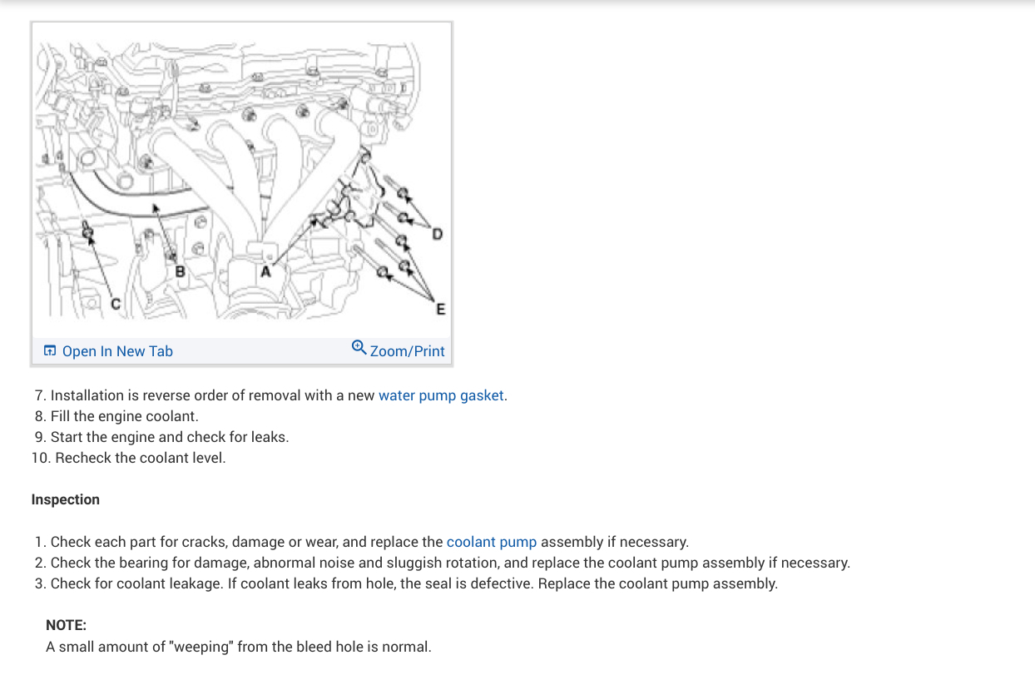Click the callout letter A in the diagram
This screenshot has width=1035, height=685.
coord(266,271)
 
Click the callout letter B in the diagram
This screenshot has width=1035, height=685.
coord(178,271)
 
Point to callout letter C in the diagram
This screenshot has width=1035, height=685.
coord(116,305)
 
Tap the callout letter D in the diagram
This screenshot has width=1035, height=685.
coord(438,235)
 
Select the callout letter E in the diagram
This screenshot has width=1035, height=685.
coord(440,310)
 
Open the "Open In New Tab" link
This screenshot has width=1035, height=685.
coord(117,351)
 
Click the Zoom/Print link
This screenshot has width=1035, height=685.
coord(407,351)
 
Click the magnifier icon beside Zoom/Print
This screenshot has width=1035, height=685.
coord(359,347)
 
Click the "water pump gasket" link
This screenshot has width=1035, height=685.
coord(441,395)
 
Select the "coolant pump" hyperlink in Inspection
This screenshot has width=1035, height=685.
coord(492,542)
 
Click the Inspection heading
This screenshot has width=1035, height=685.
coord(66,499)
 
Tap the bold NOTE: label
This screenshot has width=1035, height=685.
coord(67,625)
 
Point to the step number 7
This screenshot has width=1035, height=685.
coord(39,395)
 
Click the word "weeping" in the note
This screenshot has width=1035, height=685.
coord(200,647)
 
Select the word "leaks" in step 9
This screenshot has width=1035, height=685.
coord(268,437)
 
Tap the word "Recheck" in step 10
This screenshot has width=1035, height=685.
coord(82,458)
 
